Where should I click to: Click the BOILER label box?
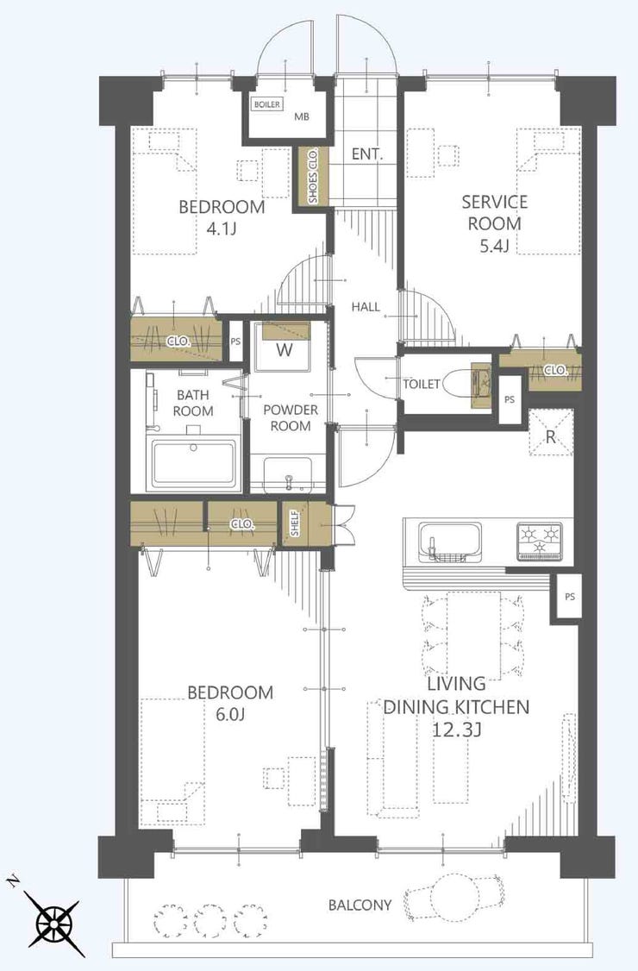[267, 104]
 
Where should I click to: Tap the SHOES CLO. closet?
[312, 177]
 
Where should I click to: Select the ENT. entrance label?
[367, 155]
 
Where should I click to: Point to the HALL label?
[366, 306]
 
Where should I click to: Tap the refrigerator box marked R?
[551, 433]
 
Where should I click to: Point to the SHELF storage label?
[296, 523]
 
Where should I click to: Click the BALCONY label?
[360, 905]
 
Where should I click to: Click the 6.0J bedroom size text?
[230, 715]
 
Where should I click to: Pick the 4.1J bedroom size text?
[221, 229]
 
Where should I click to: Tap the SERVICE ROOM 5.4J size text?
[494, 246]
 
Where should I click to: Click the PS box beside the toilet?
[510, 399]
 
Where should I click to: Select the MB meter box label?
[302, 116]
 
